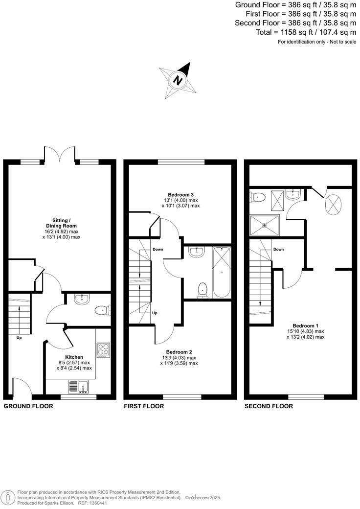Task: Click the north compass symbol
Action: click(x=179, y=80)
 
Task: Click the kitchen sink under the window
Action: click(x=79, y=387)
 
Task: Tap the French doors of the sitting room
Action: click(x=60, y=154)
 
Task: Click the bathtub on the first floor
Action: click(x=221, y=272)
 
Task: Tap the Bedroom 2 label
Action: click(x=179, y=352)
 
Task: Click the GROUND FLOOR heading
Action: click(x=25, y=406)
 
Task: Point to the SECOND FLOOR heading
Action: click(x=269, y=406)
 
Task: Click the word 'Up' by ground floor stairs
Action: click(x=19, y=338)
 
